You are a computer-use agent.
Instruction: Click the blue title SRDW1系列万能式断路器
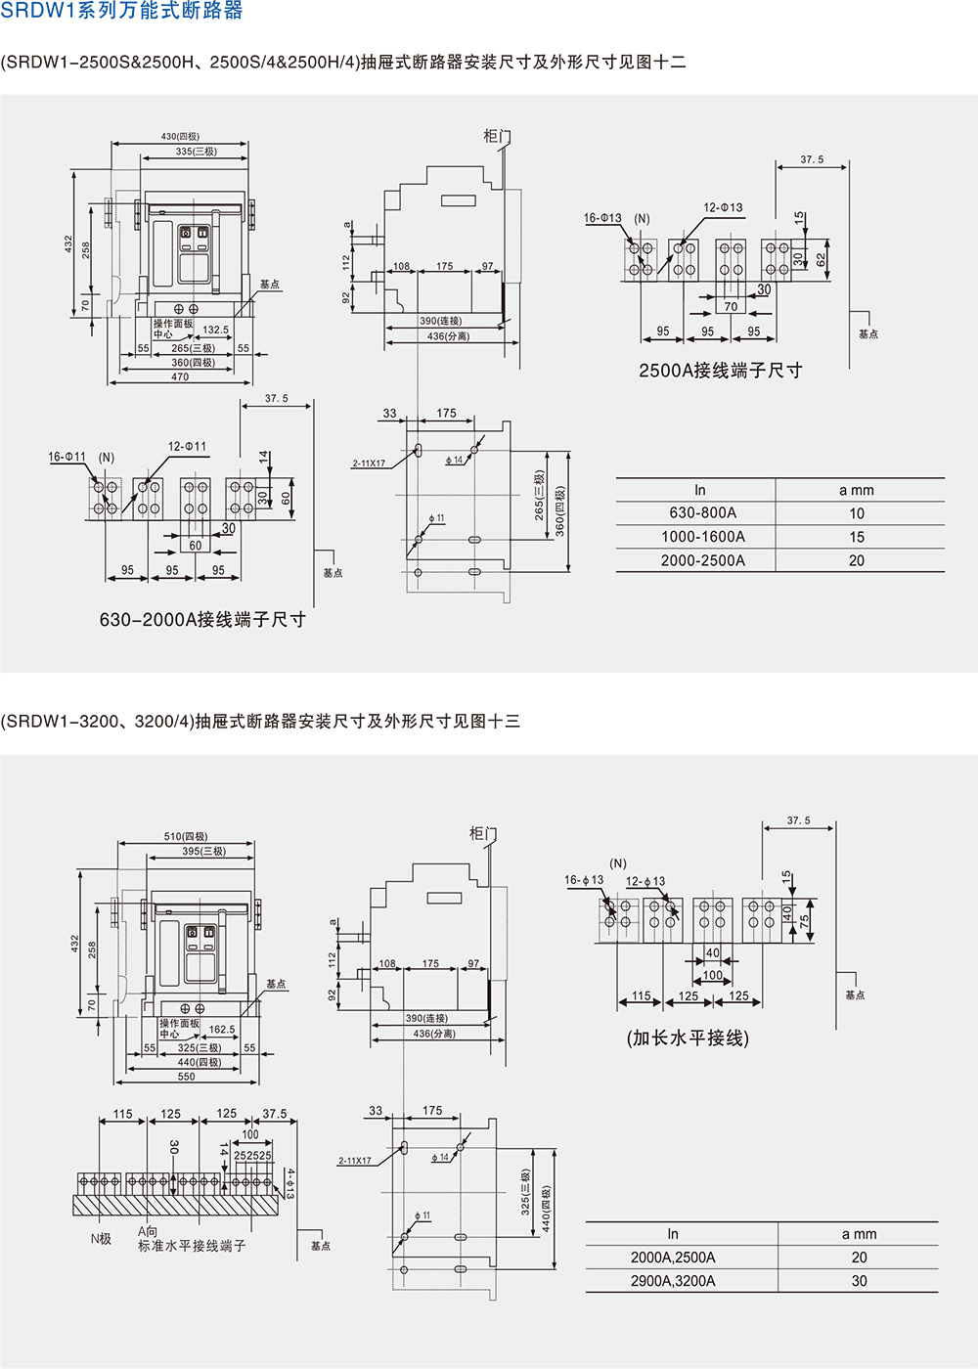121,12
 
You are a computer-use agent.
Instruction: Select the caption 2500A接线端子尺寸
720,371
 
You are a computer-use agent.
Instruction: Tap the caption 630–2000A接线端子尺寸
202,620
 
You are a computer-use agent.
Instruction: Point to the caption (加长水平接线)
688,1038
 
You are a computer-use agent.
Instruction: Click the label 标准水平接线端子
192,1246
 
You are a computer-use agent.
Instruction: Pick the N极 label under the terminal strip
101,1239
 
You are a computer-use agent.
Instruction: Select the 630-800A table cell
702,513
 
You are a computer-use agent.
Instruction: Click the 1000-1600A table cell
702,537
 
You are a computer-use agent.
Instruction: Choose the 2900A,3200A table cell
673,1281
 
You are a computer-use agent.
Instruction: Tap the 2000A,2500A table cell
673,1258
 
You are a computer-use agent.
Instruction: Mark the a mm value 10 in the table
857,513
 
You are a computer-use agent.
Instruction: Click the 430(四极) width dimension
180,137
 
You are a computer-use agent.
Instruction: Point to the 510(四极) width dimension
186,836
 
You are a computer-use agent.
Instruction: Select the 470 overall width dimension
180,376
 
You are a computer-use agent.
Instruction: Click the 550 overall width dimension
186,1077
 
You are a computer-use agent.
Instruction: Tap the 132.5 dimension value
215,331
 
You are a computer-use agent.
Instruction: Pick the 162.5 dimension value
222,1030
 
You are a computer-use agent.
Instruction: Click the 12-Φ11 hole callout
187,447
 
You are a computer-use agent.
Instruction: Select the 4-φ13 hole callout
289,1183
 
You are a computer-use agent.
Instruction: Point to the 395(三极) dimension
203,852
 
